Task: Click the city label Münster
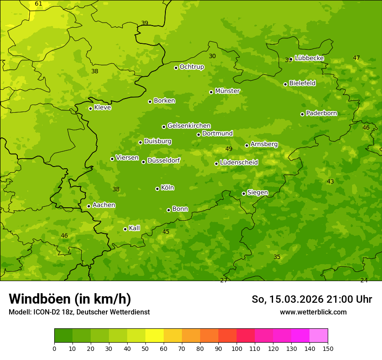(227, 91)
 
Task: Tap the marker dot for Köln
(157, 189)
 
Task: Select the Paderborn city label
(321, 113)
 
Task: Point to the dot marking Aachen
(89, 206)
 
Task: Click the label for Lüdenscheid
(239, 163)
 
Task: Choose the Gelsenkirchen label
(189, 126)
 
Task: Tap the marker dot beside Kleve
(90, 108)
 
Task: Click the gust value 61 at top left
(39, 4)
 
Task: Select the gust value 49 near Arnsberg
(229, 149)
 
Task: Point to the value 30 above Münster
(212, 56)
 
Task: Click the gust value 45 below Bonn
(166, 232)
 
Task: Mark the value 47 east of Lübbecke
(356, 58)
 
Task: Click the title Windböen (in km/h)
(70, 299)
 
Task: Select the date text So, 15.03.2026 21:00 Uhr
(312, 299)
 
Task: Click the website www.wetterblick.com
(313, 312)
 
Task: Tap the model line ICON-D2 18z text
(79, 312)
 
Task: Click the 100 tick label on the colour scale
(237, 348)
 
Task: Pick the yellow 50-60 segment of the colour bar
(155, 336)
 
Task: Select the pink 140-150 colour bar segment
(319, 336)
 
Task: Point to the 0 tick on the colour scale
(54, 348)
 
